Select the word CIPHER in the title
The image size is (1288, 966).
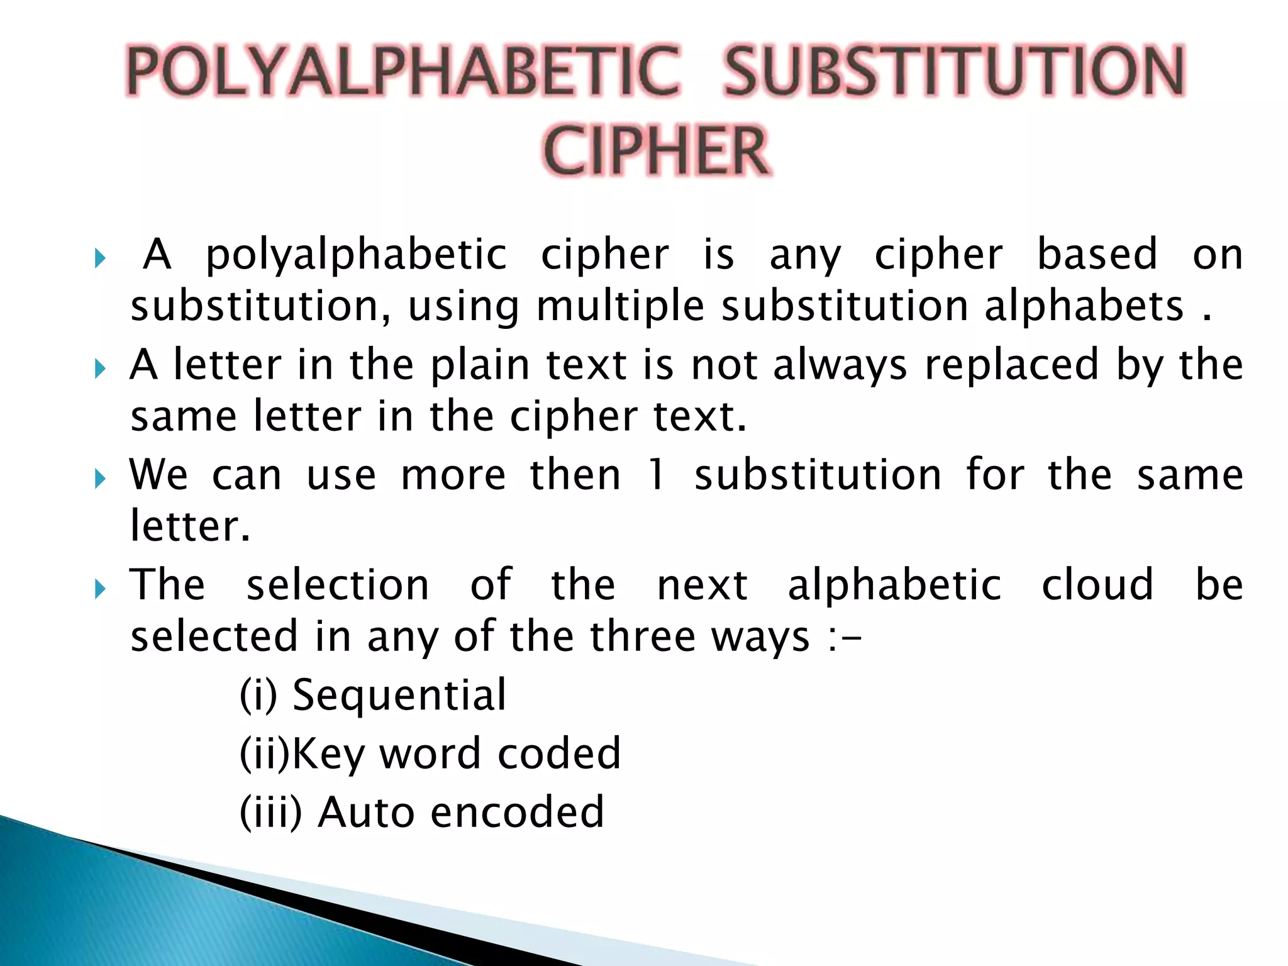click(656, 151)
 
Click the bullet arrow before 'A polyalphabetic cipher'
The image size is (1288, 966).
click(99, 258)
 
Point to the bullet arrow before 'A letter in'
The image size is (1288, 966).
click(99, 368)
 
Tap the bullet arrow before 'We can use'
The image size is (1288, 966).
click(99, 479)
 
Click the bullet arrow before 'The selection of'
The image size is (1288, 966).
click(99, 589)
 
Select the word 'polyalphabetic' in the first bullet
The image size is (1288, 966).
click(356, 257)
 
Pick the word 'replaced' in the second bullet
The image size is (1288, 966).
click(1011, 365)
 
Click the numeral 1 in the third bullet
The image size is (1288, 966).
click(656, 474)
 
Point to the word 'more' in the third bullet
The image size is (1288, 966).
click(453, 475)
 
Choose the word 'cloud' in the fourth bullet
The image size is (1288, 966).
click(1097, 585)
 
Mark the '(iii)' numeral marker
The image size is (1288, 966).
click(271, 812)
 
